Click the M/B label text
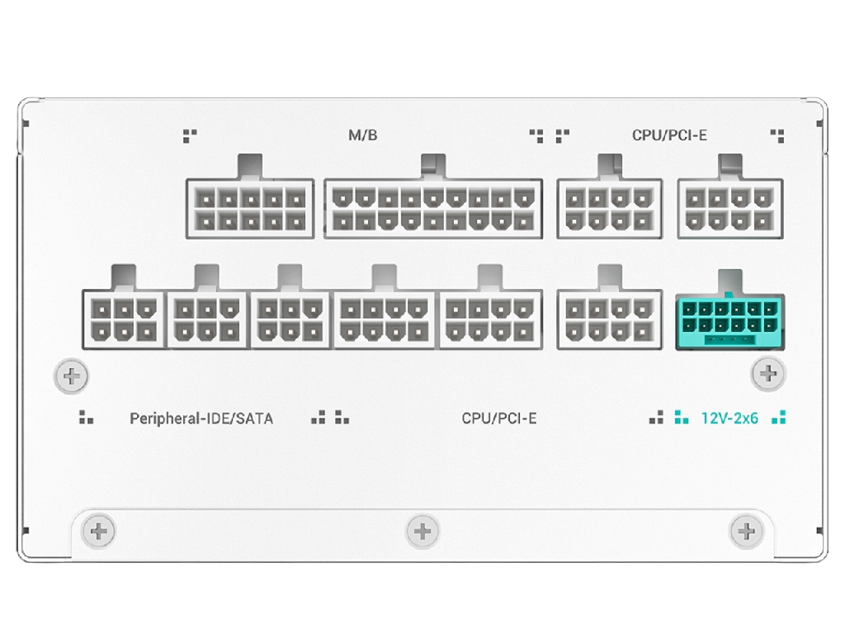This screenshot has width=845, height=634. pos(363,135)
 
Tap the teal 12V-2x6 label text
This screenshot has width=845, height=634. pos(729,419)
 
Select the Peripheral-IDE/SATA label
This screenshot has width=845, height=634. pos(201,419)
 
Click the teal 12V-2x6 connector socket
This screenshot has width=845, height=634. pos(729,321)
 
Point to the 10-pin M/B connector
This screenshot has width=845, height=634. pos(250,209)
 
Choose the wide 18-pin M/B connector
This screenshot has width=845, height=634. pos(433,209)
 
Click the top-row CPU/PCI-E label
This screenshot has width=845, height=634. pos(669,135)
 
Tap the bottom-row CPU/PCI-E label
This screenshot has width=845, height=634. pos(499,419)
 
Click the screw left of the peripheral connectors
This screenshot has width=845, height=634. pos(72,376)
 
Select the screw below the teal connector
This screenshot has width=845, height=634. pos(768,373)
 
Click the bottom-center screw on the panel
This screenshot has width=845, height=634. pos(422,532)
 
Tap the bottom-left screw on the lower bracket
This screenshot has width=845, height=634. pos(98,532)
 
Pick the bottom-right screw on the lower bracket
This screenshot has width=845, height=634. pos(746,532)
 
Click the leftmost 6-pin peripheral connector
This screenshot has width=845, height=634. pos(124,319)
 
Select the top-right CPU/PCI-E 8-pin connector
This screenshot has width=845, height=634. pos(730,209)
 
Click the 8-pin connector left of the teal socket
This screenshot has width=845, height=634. pos(610,319)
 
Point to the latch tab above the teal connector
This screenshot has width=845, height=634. pos(730,282)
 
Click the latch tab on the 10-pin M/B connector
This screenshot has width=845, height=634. pos(249,167)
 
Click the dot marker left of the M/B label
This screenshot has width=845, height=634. pos(190,136)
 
